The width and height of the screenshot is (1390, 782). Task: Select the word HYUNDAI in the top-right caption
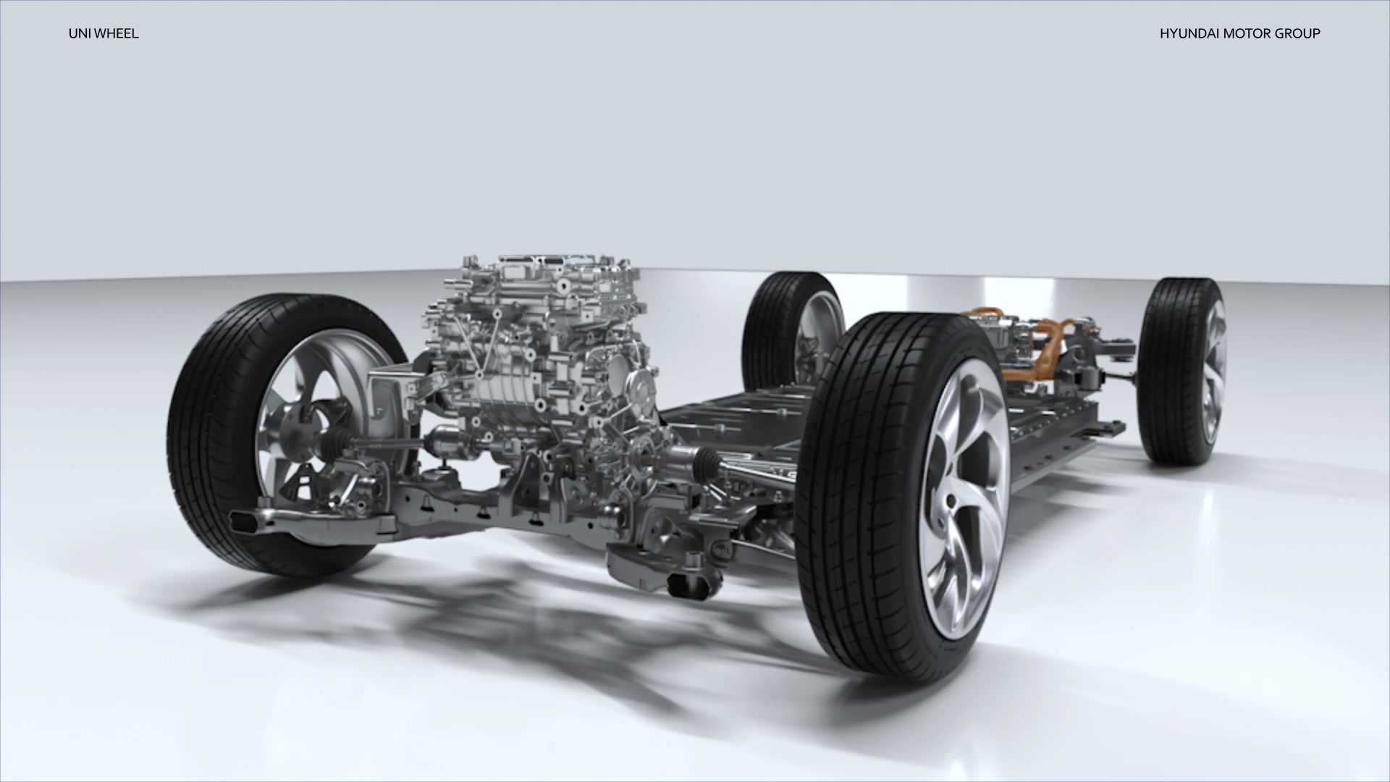1187,33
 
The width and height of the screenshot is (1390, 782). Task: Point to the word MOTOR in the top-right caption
1240,33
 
